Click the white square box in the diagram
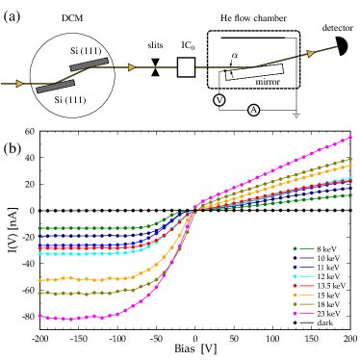tap(186, 66)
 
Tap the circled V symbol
tap(219, 100)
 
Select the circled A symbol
tap(253, 110)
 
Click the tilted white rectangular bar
tap(254, 72)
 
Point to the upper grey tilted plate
tap(89, 64)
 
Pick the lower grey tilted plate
tap(55, 87)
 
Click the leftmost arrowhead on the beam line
tap(19, 84)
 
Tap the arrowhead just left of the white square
tap(132, 67)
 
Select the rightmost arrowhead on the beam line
tap(310, 54)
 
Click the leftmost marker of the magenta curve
tap(39, 316)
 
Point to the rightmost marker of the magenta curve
tap(350, 138)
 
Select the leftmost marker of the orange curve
tap(39, 280)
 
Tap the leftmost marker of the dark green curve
tap(39, 228)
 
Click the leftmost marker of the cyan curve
tap(39, 254)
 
